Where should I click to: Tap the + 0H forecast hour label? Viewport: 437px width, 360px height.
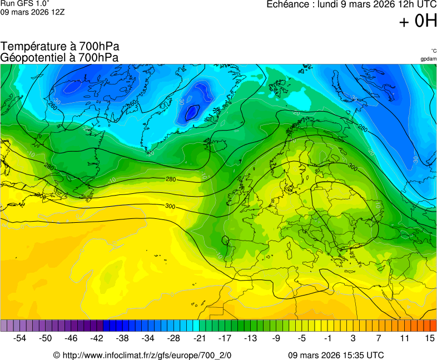click(418, 21)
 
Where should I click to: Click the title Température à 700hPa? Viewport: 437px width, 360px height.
click(60, 47)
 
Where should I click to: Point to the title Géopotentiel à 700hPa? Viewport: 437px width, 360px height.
click(60, 57)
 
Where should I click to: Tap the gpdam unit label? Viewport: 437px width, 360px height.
click(428, 59)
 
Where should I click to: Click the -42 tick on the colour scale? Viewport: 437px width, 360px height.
click(97, 338)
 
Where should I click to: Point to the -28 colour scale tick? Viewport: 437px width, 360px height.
click(173, 338)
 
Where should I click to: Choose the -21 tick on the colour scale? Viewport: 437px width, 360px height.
click(199, 338)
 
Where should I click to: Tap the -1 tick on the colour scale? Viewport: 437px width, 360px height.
click(328, 338)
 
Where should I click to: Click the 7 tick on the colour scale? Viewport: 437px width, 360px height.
click(379, 338)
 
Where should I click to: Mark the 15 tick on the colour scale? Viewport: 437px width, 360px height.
click(429, 338)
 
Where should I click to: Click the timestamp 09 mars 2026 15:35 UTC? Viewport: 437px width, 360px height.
click(336, 355)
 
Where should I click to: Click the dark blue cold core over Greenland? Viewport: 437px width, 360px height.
click(192, 113)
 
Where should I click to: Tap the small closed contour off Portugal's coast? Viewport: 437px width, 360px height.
click(225, 241)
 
